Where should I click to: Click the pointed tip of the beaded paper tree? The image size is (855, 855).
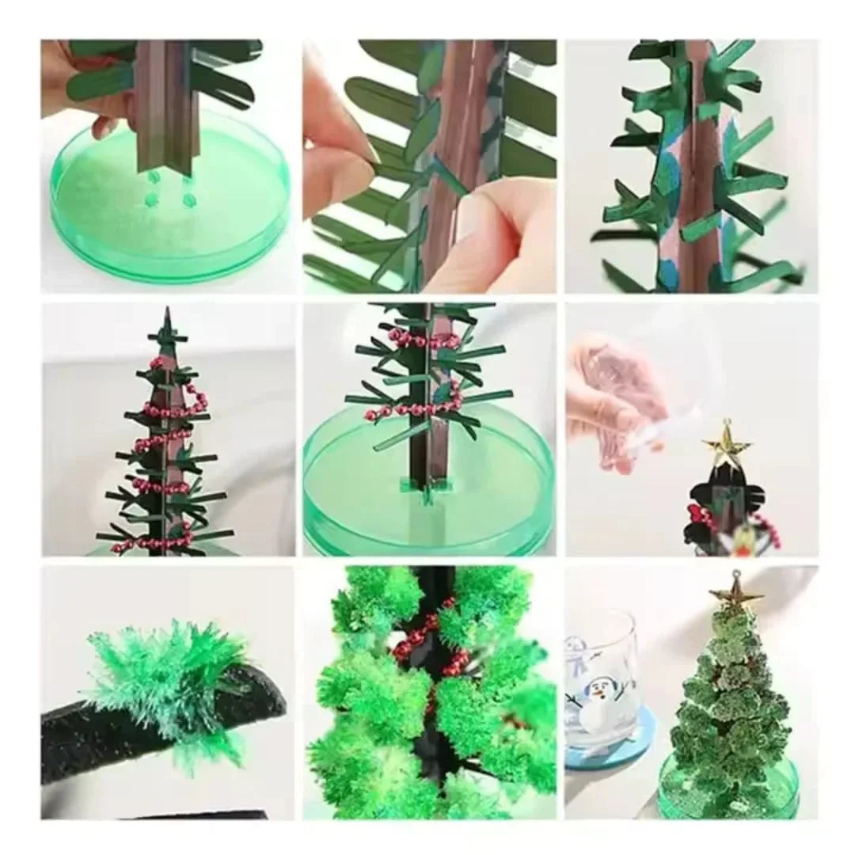pyautogui.click(x=167, y=317)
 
